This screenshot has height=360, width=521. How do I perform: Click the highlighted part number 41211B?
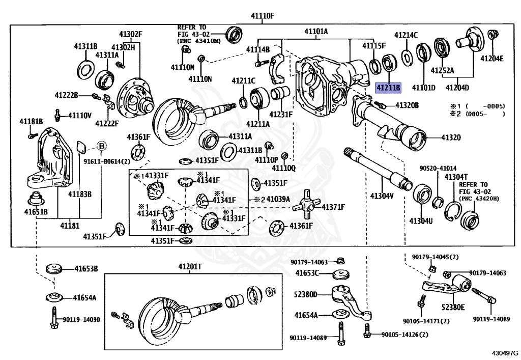pos(388,88)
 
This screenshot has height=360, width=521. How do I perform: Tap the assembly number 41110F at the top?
pos(262,16)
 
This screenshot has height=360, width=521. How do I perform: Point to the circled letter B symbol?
pos(101,147)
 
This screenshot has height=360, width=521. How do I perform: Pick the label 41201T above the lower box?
pos(190,267)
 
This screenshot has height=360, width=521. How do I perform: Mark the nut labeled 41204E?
pos(492,35)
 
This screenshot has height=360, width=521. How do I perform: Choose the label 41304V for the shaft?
pos(381,196)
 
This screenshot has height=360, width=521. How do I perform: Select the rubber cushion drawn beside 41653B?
pos(53,268)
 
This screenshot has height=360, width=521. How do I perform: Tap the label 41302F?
pos(131,35)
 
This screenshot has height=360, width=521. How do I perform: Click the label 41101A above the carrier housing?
pos(316,32)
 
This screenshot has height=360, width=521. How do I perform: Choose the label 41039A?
pos(278,199)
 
